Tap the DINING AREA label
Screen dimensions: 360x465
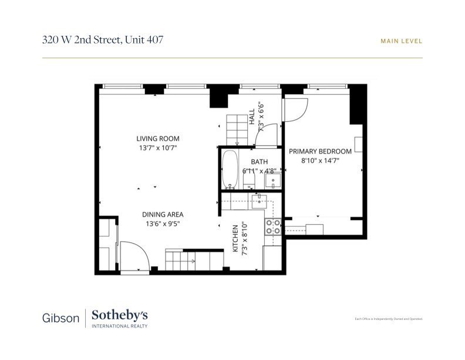tap(163, 215)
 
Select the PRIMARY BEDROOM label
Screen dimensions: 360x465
tap(321, 151)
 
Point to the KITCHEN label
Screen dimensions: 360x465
tap(236, 238)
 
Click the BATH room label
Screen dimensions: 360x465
tap(259, 162)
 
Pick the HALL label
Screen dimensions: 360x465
tap(252, 115)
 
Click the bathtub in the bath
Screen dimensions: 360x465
tap(230, 169)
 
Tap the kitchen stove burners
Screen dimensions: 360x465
tap(272, 226)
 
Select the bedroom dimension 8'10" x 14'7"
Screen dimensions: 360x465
tap(321, 160)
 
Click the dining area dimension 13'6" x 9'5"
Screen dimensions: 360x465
tap(163, 224)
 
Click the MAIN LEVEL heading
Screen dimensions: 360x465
tap(402, 41)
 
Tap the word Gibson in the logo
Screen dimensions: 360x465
tap(60, 318)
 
